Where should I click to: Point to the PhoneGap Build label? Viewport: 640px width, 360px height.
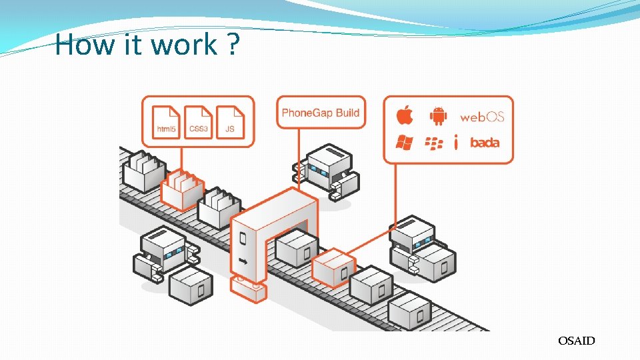(x=321, y=113)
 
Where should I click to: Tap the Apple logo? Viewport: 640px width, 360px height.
(x=405, y=115)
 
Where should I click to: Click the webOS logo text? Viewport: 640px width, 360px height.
(x=482, y=117)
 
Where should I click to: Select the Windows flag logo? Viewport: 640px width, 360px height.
(x=404, y=142)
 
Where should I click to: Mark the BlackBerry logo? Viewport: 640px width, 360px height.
(x=434, y=143)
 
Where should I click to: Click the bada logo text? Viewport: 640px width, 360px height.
(x=485, y=143)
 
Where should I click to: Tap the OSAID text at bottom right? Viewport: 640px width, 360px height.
(x=577, y=341)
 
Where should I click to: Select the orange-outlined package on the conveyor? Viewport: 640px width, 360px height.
(x=333, y=266)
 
